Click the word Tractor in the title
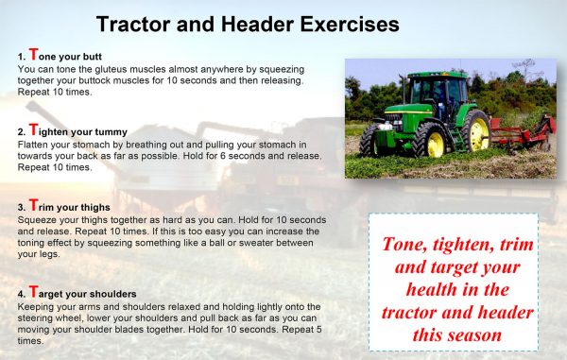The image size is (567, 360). pos(135,22)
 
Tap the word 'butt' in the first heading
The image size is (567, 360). pos(102,58)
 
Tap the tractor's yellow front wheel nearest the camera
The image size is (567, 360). pos(431,141)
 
